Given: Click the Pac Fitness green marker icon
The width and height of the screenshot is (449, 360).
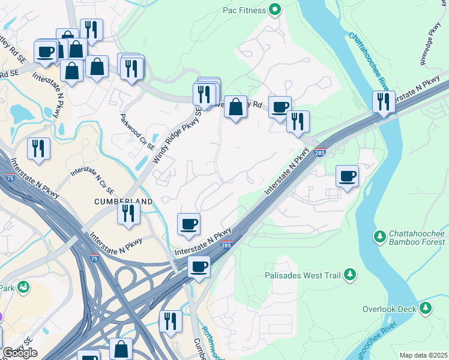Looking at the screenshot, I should [x=275, y=9].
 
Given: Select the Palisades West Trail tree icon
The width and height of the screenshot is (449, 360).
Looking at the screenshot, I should [x=349, y=275].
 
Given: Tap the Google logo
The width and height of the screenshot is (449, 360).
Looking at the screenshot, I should [x=20, y=353].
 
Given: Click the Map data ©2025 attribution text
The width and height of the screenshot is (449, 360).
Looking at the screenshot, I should [x=423, y=355].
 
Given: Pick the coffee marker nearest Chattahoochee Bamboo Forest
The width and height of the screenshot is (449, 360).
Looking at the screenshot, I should [x=347, y=176].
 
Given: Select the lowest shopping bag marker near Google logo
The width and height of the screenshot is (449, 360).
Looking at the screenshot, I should [x=121, y=349].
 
